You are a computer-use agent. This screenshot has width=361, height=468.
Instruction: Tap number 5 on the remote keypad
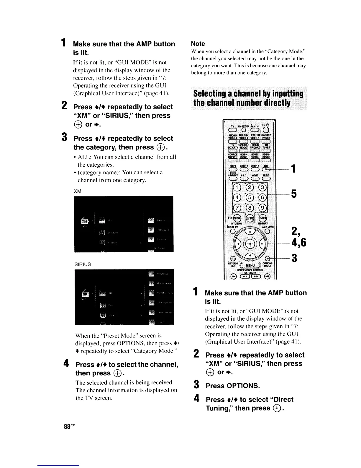pos(250,198)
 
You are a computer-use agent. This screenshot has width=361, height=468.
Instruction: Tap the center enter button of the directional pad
pos(250,244)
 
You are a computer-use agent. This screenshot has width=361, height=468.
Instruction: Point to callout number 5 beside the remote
pos(293,194)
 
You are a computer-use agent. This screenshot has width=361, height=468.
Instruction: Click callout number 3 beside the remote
pos(293,258)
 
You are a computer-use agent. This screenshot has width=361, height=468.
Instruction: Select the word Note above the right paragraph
pos(198,44)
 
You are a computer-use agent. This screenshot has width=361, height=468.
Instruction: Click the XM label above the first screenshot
pos(77,191)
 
